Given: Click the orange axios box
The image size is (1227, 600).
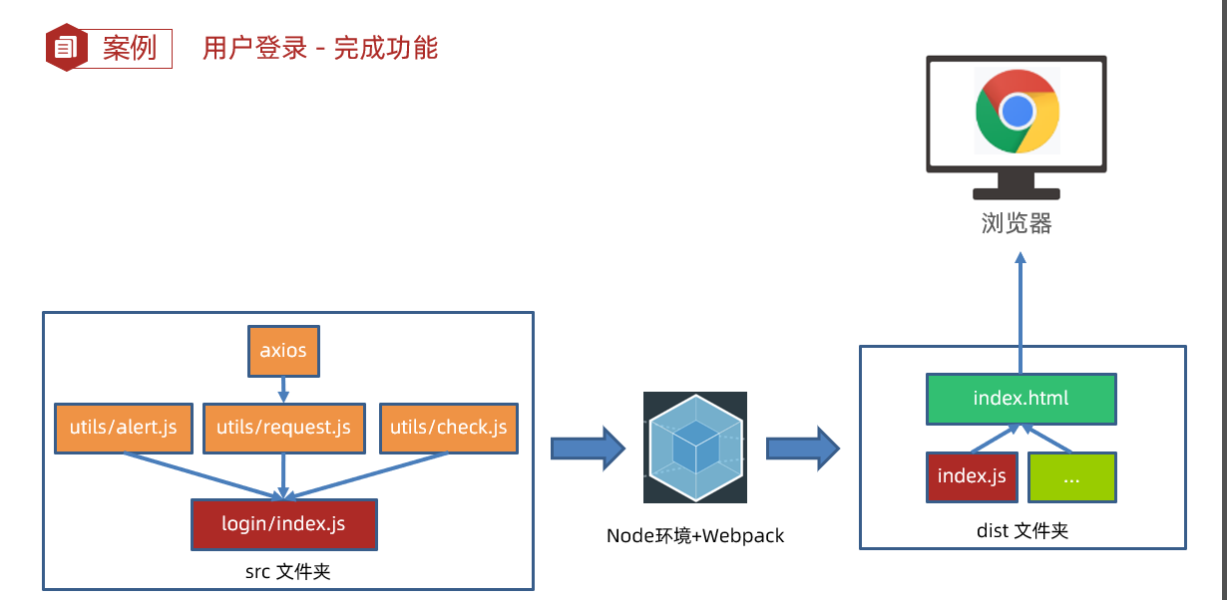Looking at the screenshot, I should point(284,351).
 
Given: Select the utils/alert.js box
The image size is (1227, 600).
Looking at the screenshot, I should point(123,429).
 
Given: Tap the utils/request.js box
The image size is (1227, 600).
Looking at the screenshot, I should point(284,429).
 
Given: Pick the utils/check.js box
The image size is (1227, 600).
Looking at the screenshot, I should point(448,429).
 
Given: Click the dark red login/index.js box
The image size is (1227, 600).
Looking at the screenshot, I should point(283,523).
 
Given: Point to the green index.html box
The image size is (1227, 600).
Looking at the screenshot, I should point(1021,399).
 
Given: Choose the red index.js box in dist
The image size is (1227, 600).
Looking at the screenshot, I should point(971,476).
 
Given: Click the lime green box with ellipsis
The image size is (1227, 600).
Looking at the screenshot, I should point(1071,476).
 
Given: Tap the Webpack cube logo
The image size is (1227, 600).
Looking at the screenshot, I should point(695,448).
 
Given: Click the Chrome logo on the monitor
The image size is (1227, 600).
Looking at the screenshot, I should point(1017,111).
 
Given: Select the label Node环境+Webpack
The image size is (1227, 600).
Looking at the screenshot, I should point(695,536).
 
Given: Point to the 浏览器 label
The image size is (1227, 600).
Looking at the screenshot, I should point(1017,223).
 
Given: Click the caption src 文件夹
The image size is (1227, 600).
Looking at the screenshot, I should point(287,572).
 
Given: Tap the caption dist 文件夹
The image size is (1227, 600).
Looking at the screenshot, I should point(1022,531).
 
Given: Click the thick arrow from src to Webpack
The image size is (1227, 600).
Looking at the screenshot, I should point(587,448).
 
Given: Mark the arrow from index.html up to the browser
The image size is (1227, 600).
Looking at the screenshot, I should point(1021,309).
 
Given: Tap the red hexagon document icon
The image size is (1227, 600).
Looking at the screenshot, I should point(66,47).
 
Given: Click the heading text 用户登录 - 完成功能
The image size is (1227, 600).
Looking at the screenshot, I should point(320,48).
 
